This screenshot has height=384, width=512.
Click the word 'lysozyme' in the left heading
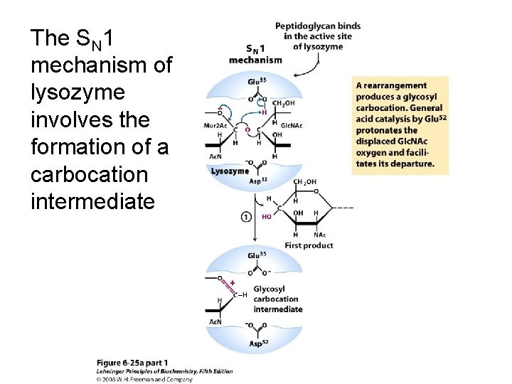click(78, 93)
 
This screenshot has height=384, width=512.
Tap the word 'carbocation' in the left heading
click(90, 175)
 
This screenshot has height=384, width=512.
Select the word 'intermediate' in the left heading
click(92, 202)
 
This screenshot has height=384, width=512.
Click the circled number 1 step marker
click(246, 216)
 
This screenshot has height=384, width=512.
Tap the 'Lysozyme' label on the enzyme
click(230, 171)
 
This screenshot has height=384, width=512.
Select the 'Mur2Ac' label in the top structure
click(214, 125)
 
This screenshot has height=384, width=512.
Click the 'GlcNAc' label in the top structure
click(292, 125)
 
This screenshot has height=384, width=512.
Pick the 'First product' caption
click(309, 245)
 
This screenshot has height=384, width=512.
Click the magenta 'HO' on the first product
click(267, 216)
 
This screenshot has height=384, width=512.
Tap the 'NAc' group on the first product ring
click(320, 235)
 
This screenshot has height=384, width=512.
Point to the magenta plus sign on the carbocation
click(233, 283)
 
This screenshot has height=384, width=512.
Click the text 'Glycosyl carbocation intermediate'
click(277, 299)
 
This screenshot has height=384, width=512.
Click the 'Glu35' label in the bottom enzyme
click(258, 255)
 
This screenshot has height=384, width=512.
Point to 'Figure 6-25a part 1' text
click(132, 363)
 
